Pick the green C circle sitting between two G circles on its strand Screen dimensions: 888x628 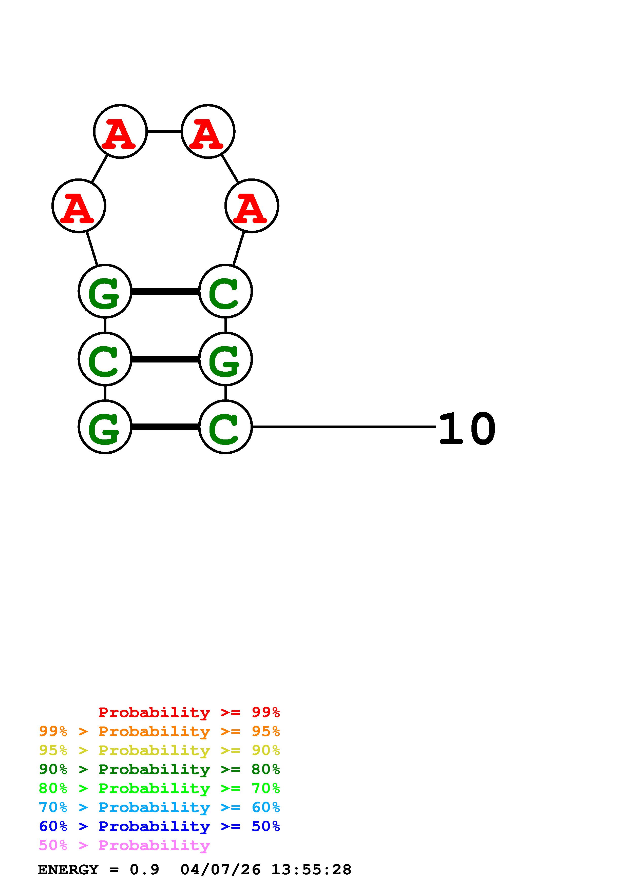point(105,359)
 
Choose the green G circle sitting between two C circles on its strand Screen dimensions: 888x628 point(225,359)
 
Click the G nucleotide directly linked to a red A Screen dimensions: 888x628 point(105,291)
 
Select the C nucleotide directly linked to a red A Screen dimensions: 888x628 point(225,291)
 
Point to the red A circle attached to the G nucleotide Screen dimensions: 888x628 point(79,206)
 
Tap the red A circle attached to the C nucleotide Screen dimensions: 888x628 point(252,206)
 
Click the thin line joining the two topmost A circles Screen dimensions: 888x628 point(164,131)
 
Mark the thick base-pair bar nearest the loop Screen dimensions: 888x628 point(165,291)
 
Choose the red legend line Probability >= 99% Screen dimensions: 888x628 point(189,712)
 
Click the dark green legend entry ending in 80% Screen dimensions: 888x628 point(159,769)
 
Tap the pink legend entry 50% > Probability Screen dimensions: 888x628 point(124,845)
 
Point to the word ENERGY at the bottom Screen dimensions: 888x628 point(68,870)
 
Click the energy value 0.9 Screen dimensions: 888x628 point(144,870)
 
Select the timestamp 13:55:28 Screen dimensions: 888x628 point(311,870)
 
